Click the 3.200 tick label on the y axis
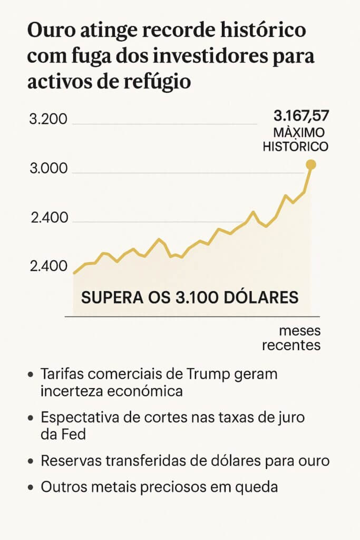click(48, 119)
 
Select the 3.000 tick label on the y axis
click(48, 169)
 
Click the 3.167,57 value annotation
click(299, 116)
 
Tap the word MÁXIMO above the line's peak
click(298, 133)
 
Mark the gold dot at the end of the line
click(311, 165)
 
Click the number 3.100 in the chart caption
click(198, 297)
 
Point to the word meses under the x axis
click(299, 331)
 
